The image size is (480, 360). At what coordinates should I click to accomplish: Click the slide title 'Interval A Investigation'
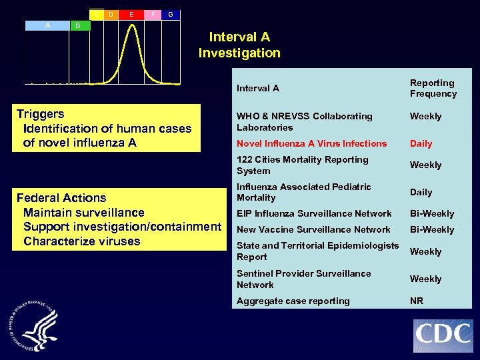(239, 45)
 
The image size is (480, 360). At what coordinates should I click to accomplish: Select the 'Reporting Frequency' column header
(433, 88)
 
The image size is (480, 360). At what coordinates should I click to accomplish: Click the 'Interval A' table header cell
(258, 88)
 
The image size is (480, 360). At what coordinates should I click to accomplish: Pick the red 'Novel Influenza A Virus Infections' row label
(311, 143)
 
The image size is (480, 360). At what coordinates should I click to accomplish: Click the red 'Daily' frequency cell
(421, 143)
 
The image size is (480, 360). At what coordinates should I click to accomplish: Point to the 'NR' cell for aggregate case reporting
(416, 301)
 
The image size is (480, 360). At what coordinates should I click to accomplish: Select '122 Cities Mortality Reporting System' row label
(302, 165)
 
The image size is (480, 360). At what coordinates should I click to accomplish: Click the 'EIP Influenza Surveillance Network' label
(314, 213)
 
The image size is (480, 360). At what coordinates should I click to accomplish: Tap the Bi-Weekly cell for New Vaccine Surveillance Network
(431, 229)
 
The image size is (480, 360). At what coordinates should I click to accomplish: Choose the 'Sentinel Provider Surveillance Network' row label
(303, 279)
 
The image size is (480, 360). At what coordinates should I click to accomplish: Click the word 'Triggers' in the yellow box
(40, 114)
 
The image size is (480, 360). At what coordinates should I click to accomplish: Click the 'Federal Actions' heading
(61, 198)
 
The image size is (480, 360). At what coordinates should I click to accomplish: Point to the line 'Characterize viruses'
(81, 241)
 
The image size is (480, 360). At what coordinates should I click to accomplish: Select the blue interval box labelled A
(47, 25)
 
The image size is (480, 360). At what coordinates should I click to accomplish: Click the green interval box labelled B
(79, 25)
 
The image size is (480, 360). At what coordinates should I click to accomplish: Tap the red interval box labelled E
(131, 13)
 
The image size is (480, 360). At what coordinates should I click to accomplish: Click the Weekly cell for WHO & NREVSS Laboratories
(425, 116)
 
